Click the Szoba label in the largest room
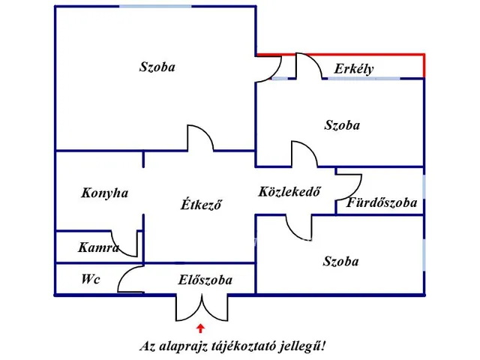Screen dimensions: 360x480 pyautogui.click(x=157, y=67)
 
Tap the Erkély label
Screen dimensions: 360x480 pyautogui.click(x=354, y=70)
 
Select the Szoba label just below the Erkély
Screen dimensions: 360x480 pyautogui.click(x=341, y=125)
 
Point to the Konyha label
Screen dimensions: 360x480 pyautogui.click(x=105, y=193)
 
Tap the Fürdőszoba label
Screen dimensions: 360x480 pyautogui.click(x=382, y=202)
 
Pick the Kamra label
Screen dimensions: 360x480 pyautogui.click(x=98, y=247)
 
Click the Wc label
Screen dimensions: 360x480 pyautogui.click(x=91, y=280)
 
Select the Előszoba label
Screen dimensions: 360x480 pyautogui.click(x=205, y=280)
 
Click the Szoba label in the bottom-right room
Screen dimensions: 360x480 pyautogui.click(x=340, y=261)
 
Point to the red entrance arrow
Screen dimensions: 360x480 pyautogui.click(x=200, y=327)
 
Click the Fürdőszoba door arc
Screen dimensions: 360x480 pyautogui.click(x=350, y=184)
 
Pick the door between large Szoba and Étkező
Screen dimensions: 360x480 pyautogui.click(x=199, y=139)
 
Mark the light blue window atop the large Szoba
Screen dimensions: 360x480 pyautogui.click(x=154, y=7)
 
